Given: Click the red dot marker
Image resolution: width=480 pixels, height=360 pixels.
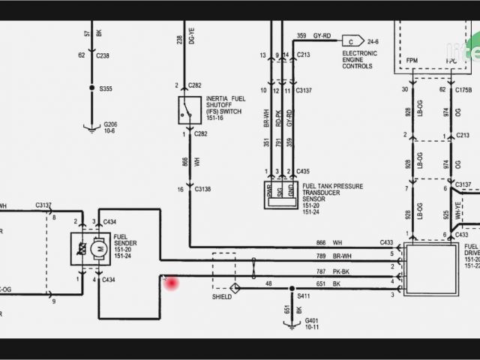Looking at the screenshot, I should pos(172,283).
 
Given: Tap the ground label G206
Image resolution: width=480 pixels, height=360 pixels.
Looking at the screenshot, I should pos(110,124).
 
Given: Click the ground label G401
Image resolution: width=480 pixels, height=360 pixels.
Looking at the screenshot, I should pos(310,319).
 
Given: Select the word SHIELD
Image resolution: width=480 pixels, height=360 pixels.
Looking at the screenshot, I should pos(223,296).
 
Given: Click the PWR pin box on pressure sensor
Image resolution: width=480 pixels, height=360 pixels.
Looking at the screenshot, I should pos(270,193).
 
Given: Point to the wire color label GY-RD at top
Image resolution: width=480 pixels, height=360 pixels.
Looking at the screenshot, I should pos(323,36).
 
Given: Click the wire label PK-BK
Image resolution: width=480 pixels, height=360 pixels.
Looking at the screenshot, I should pos(341,271).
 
